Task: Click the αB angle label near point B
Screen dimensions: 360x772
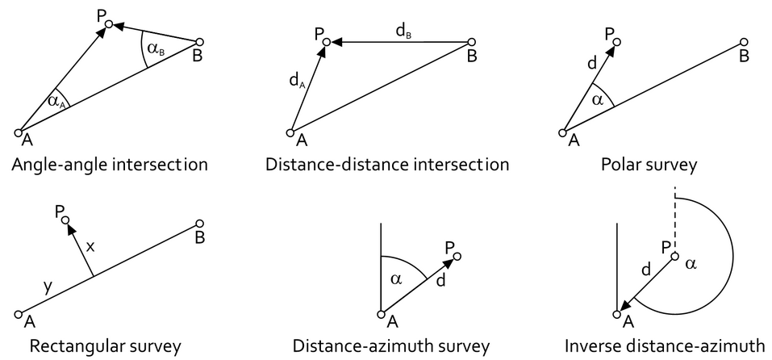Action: click(x=156, y=49)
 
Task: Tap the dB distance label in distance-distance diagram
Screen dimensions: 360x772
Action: click(x=403, y=31)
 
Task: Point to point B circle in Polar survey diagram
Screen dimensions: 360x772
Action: click(x=743, y=43)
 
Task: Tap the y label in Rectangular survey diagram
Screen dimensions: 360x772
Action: click(x=48, y=285)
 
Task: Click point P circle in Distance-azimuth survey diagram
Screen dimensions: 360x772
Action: click(x=457, y=257)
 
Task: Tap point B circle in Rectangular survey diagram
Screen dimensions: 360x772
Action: click(x=199, y=224)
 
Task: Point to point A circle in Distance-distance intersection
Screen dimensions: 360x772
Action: click(x=290, y=132)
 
